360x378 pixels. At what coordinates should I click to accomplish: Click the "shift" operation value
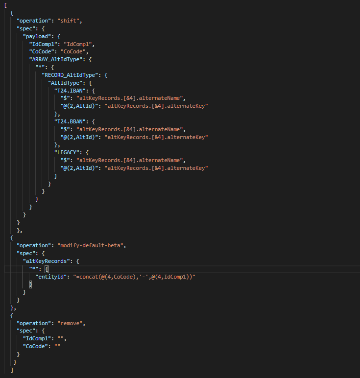point(70,21)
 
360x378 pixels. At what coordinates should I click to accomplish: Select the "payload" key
point(37,36)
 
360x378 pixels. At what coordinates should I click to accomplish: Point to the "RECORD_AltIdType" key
point(72,75)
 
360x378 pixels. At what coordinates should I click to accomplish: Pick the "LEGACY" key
point(69,152)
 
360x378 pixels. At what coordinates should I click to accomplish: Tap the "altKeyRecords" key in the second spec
point(47,261)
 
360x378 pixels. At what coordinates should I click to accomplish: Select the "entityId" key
point(50,277)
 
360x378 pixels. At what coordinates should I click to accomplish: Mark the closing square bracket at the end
point(12,370)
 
